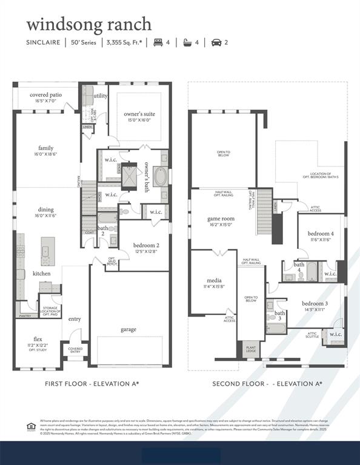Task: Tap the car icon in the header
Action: tap(216, 43)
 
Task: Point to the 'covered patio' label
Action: tap(46, 95)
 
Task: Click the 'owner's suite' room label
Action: tap(139, 114)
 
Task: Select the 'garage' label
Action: tap(128, 329)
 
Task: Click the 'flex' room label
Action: tap(38, 339)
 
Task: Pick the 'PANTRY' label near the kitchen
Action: tap(25, 316)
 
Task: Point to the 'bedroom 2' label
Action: tap(145, 245)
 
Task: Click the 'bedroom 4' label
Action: tap(321, 234)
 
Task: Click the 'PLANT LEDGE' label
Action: tap(250, 349)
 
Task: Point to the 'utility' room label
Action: tap(101, 96)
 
